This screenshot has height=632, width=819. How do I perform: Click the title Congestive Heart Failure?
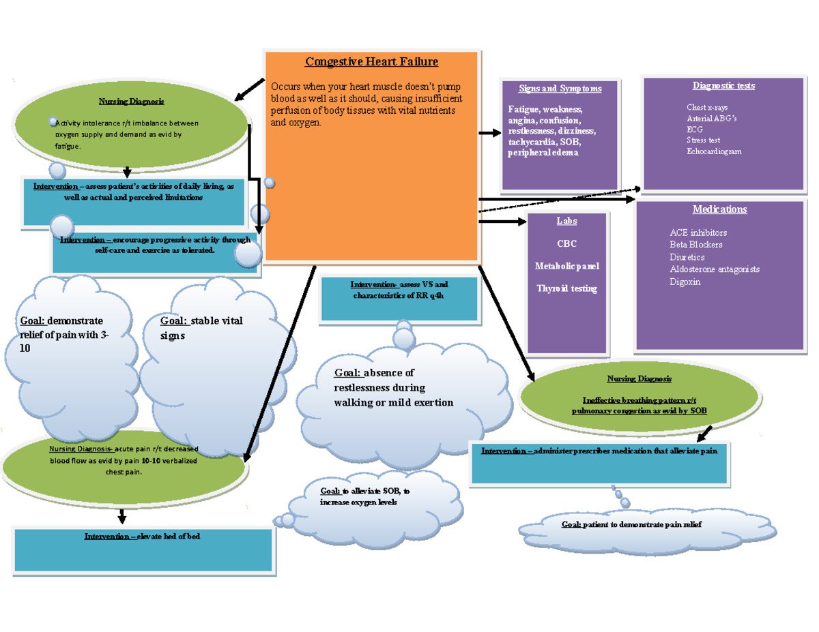click(x=371, y=62)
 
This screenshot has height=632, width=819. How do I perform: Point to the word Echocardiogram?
click(x=713, y=151)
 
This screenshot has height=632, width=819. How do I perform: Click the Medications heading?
click(x=719, y=209)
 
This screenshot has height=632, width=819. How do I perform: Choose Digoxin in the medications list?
click(x=685, y=282)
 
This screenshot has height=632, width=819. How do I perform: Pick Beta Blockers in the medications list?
click(x=695, y=245)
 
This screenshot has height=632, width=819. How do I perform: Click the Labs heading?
click(x=566, y=221)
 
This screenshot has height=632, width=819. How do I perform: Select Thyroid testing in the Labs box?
click(x=566, y=288)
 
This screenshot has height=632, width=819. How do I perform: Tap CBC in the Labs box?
click(x=566, y=243)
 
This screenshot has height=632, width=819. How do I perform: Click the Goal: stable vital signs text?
click(x=201, y=328)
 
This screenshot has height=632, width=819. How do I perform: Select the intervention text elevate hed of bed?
click(x=142, y=537)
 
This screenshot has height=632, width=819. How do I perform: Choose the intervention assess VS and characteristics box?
click(x=399, y=297)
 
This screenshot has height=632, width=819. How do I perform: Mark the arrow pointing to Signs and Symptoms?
click(x=490, y=134)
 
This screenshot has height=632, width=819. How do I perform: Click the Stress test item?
click(x=703, y=140)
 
